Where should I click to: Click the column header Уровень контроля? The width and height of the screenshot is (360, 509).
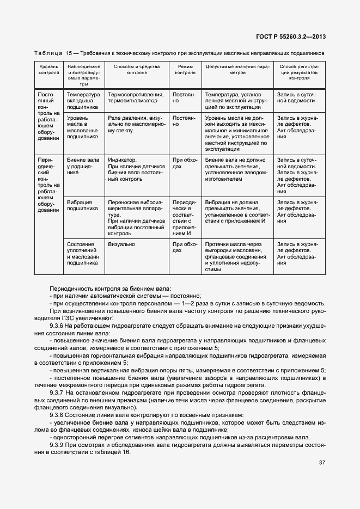(x=48, y=69)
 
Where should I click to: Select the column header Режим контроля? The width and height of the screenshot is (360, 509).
(x=186, y=69)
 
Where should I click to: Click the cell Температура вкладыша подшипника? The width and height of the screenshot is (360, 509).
(x=83, y=101)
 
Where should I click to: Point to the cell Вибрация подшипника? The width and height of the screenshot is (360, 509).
(x=79, y=205)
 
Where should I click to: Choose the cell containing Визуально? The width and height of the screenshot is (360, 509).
(x=121, y=244)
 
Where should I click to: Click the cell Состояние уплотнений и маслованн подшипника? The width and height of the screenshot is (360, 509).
(x=82, y=254)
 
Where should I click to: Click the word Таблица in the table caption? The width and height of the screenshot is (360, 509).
(x=48, y=54)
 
